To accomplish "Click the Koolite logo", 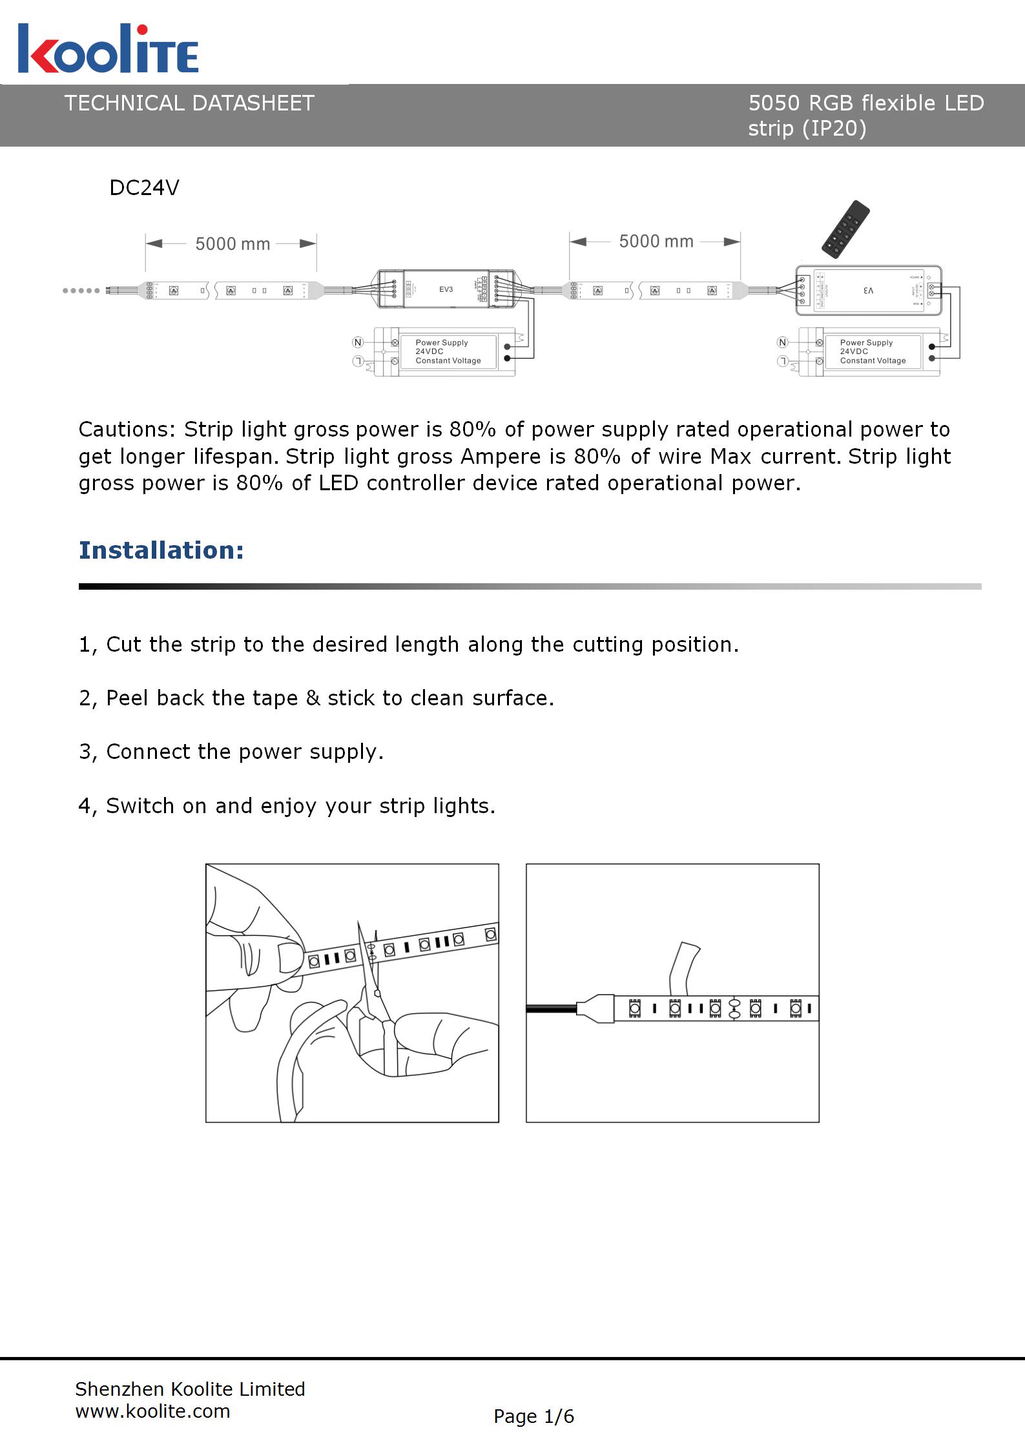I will click(108, 49).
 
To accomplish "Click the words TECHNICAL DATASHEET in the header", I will click(189, 103).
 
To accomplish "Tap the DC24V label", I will click(144, 188).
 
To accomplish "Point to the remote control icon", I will click(845, 229).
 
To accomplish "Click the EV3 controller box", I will click(446, 289).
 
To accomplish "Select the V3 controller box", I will click(868, 291).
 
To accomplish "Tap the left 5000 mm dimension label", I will click(233, 244).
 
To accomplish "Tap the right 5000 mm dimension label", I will click(656, 242).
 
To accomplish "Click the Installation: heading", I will click(161, 550).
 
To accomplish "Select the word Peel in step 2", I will click(127, 698).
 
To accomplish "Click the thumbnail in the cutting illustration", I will click(290, 956).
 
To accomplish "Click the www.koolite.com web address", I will click(152, 1411).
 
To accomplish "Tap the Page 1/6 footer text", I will click(533, 1416).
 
